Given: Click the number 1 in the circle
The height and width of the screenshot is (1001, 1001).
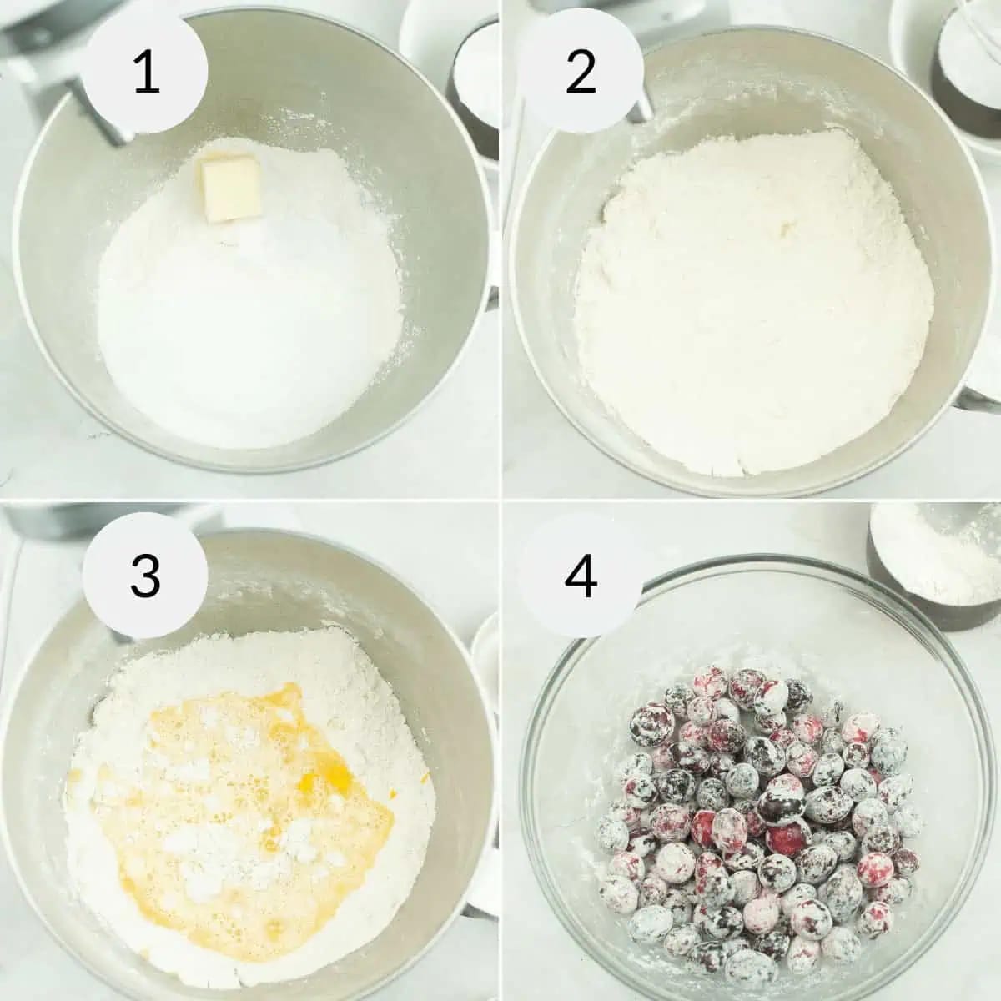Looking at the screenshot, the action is (147, 73).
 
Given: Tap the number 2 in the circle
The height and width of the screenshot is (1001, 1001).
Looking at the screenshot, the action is (581, 73).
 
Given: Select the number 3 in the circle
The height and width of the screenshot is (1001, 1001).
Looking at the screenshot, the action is (146, 576).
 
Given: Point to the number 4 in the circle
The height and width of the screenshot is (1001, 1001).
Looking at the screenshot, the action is (581, 576).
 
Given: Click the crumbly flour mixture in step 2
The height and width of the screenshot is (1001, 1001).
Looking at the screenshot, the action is (748, 301).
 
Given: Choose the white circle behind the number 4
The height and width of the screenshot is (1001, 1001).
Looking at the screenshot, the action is (581, 576).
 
